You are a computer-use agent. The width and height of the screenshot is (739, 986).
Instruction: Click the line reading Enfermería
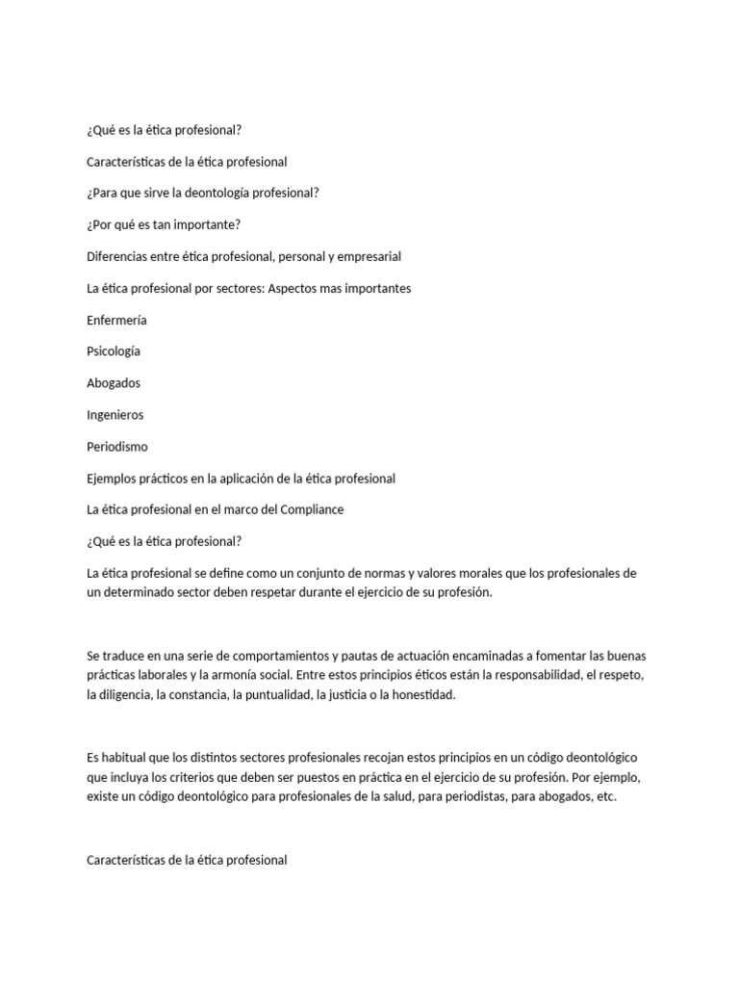116,320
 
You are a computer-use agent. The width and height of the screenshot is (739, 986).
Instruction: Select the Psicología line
114,351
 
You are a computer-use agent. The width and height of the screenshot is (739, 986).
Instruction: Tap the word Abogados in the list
114,383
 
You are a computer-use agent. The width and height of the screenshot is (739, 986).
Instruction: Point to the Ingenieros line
115,415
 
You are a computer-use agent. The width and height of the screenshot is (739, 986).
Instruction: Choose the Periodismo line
117,447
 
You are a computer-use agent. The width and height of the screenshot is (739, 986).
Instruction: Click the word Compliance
311,509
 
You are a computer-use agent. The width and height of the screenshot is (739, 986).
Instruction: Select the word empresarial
369,256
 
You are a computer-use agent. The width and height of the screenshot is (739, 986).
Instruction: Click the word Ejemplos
115,479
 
